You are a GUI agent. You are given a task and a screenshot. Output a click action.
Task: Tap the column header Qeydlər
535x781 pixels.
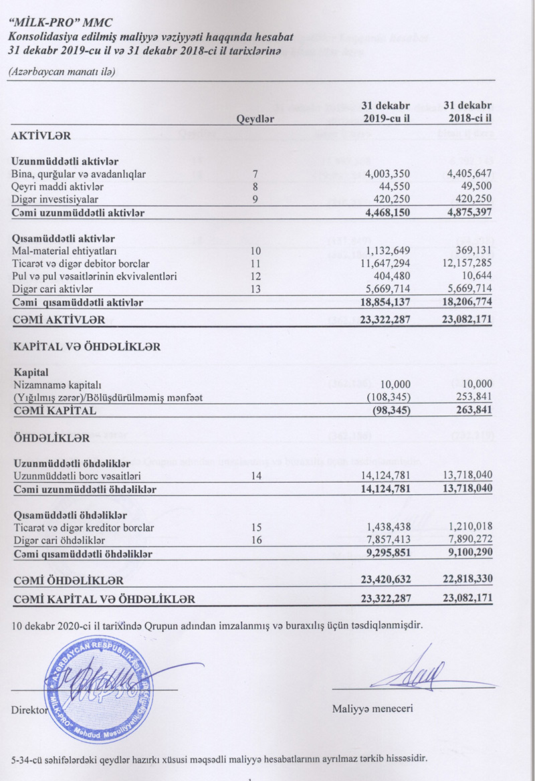point(255,120)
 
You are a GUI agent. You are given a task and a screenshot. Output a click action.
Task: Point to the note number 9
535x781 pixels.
point(255,199)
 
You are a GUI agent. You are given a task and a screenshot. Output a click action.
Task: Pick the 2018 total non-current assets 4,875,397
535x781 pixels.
point(467,212)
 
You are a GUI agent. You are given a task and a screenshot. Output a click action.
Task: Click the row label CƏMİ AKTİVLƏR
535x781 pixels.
point(58,320)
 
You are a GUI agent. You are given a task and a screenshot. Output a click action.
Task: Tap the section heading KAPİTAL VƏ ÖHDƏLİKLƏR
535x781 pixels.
point(87,346)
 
